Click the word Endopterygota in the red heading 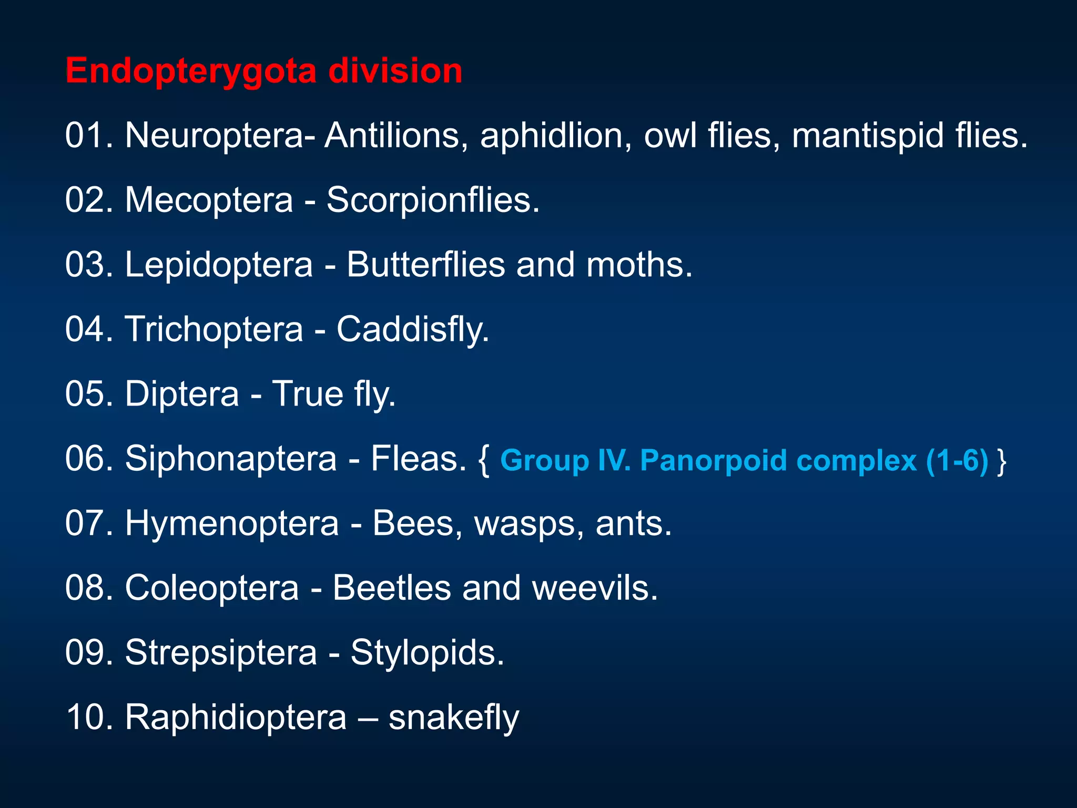pyautogui.click(x=190, y=71)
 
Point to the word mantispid pyautogui.click(x=868, y=136)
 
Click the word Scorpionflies pyautogui.click(x=433, y=200)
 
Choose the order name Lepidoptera pyautogui.click(x=219, y=265)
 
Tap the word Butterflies pyautogui.click(x=425, y=265)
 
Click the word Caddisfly pyautogui.click(x=413, y=330)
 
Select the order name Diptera pyautogui.click(x=182, y=394)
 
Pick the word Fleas pyautogui.click(x=419, y=459)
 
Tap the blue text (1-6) pyautogui.click(x=957, y=461)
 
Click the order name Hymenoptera pyautogui.click(x=232, y=523)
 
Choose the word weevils pyautogui.click(x=595, y=588)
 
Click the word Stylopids pyautogui.click(x=427, y=653)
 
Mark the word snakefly pyautogui.click(x=453, y=718)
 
